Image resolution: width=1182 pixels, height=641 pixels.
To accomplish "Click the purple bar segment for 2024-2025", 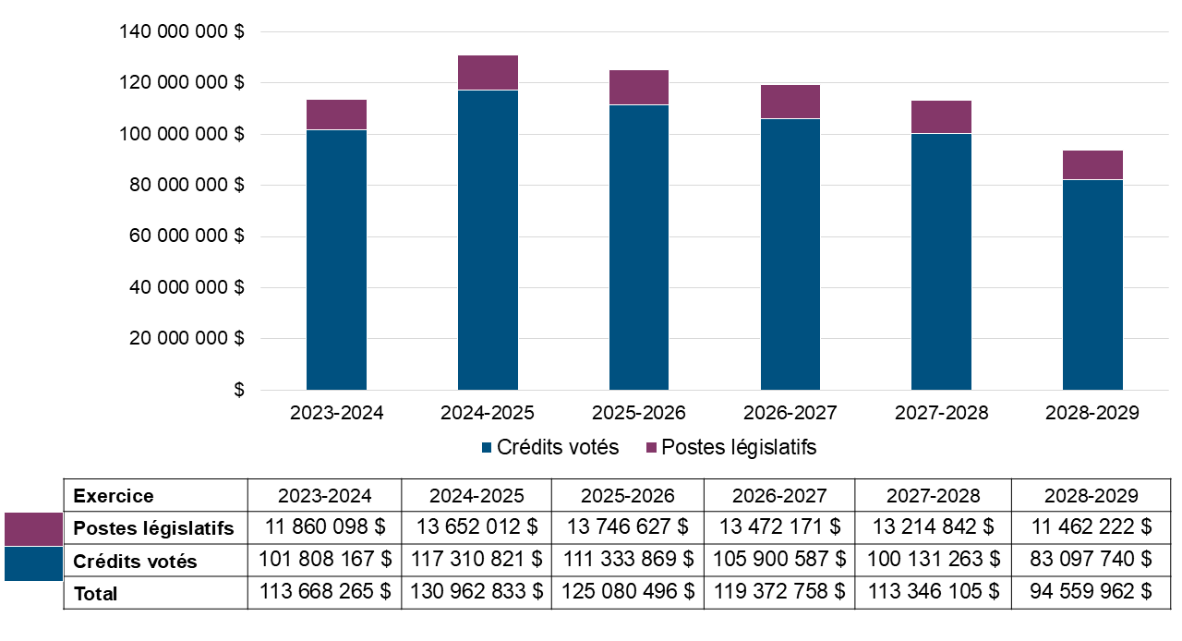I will click(x=488, y=73).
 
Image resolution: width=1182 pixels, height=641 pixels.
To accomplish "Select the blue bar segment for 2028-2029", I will click(x=1092, y=284).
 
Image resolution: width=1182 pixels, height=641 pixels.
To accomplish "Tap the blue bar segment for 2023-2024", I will click(x=336, y=260).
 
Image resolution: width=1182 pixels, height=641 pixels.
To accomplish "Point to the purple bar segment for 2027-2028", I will click(x=941, y=117).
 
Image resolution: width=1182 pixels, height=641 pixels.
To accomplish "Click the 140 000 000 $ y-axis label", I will click(x=182, y=32).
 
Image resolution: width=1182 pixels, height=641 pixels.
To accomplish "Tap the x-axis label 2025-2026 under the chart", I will click(x=639, y=413).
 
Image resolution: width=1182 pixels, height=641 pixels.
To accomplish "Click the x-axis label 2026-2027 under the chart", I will click(x=790, y=413).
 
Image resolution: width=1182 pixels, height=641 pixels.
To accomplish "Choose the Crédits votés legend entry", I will click(x=549, y=447).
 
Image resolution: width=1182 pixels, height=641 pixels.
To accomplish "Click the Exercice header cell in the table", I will click(x=114, y=496).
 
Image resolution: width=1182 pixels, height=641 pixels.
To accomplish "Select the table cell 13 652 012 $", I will click(x=476, y=528).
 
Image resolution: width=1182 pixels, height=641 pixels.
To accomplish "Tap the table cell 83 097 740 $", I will click(x=1092, y=561).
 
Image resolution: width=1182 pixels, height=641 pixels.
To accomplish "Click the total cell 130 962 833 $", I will click(x=476, y=593).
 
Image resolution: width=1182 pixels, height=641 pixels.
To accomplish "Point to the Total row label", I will click(x=96, y=593).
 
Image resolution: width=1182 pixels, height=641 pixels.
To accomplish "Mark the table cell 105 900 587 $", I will click(x=779, y=561).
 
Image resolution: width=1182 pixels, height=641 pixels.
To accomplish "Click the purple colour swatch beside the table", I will click(x=33, y=529).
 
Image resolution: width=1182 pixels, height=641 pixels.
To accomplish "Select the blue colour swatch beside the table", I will click(x=33, y=563).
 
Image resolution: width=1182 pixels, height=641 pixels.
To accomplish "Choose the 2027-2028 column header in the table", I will click(x=934, y=496).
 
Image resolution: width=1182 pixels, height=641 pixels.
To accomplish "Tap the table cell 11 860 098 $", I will click(x=324, y=528).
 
